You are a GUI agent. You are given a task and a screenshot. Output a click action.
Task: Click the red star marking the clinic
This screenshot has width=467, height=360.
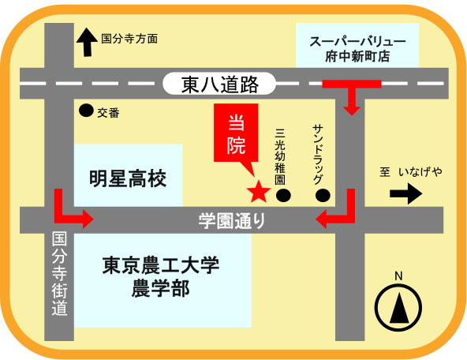(x=259, y=192)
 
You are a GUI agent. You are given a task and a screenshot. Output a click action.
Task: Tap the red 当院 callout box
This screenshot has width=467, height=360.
(x=236, y=133)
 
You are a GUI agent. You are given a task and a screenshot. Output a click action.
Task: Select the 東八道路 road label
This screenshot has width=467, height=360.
(x=219, y=84)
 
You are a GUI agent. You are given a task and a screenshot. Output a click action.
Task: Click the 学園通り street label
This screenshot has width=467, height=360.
(x=232, y=221)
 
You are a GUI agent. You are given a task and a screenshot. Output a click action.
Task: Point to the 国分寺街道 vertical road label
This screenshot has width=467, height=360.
(x=59, y=273)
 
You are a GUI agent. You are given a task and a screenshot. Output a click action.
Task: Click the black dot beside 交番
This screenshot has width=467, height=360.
(x=86, y=111)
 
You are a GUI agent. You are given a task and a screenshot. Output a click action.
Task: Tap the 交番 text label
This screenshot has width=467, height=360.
(x=108, y=113)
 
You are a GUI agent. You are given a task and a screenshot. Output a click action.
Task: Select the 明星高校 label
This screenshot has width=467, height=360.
(x=128, y=178)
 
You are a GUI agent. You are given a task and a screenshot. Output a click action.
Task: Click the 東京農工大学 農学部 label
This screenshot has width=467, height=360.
(x=161, y=277)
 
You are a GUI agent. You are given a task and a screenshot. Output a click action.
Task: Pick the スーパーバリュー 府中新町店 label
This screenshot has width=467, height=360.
(x=357, y=49)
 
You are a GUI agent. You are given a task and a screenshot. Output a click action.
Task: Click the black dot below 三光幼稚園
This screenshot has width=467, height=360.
(x=283, y=196)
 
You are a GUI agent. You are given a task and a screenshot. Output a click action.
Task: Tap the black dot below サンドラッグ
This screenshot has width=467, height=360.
(x=323, y=196)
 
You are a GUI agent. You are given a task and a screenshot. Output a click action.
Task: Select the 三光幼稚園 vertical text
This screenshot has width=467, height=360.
(x=280, y=156)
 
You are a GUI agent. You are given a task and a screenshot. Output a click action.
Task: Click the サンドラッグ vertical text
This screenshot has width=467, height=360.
(x=318, y=155)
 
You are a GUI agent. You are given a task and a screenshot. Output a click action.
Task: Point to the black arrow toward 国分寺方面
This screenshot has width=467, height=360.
(x=87, y=42)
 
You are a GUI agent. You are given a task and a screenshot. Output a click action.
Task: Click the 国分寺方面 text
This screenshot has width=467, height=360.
(x=129, y=39)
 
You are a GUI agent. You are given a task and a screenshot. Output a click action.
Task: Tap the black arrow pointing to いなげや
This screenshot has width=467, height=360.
(x=406, y=193)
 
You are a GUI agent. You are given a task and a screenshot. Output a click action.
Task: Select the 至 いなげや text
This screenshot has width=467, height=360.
(x=411, y=172)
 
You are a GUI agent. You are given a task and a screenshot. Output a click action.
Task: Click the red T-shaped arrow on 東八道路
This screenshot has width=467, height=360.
(x=352, y=92)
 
